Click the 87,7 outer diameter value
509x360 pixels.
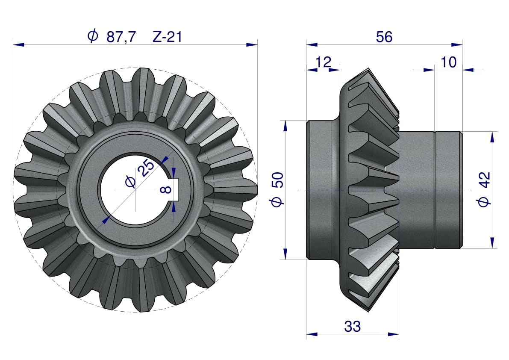point(121,37)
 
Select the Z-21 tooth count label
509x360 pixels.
point(167,37)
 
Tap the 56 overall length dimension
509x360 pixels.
point(384,37)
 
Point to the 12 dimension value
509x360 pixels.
point(324,62)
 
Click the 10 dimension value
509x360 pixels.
point(448,62)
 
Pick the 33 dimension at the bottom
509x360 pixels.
point(352,327)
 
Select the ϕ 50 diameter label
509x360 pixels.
point(277,189)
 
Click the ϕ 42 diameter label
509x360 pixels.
point(484,189)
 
